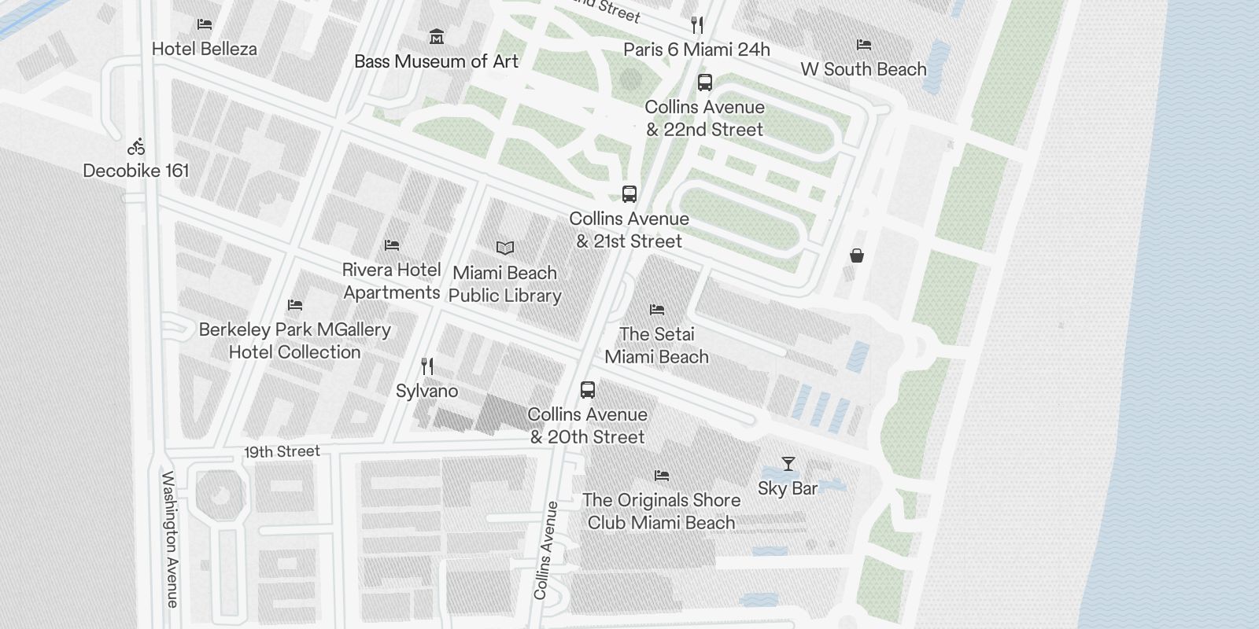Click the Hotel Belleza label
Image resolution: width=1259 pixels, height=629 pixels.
point(204,49)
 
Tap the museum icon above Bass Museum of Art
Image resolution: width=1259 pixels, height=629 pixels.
point(437,36)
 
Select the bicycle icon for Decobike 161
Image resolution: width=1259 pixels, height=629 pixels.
point(137,146)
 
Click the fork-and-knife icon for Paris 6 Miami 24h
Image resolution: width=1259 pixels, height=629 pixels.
point(696,25)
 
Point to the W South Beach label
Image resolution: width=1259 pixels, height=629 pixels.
point(863,69)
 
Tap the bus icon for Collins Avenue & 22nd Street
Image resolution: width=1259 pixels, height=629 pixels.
point(705,82)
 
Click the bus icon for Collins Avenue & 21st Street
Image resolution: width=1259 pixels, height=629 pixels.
point(629,193)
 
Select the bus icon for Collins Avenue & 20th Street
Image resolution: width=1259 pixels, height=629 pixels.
point(588,389)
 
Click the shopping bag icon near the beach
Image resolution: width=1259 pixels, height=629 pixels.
point(857,255)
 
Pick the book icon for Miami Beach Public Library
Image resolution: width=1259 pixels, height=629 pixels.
point(505,248)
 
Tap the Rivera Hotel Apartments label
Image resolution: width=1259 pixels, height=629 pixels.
point(392,281)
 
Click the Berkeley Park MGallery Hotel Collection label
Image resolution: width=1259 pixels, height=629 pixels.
point(295,340)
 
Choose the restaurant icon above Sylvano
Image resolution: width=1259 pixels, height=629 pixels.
point(427,366)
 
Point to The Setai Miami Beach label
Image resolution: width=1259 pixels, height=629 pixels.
point(657,345)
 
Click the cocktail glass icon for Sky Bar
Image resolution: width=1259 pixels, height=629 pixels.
point(788,463)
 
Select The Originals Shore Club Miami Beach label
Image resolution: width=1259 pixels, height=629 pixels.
point(662,511)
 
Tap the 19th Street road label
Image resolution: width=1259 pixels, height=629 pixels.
point(282,452)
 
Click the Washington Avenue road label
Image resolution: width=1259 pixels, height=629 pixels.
point(170,539)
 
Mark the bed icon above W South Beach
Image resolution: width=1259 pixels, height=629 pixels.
point(863,45)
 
